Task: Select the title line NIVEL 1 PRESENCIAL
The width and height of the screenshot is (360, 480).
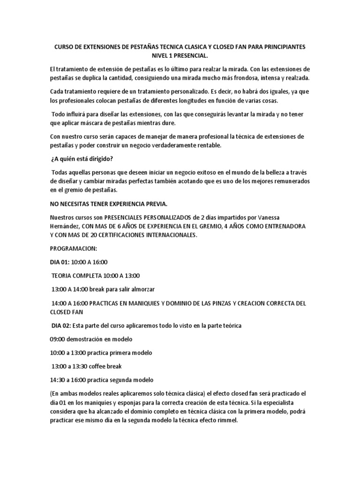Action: point(180,56)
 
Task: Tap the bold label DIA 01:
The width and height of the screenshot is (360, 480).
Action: point(61,262)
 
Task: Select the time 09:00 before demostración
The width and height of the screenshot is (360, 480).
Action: point(59,339)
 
